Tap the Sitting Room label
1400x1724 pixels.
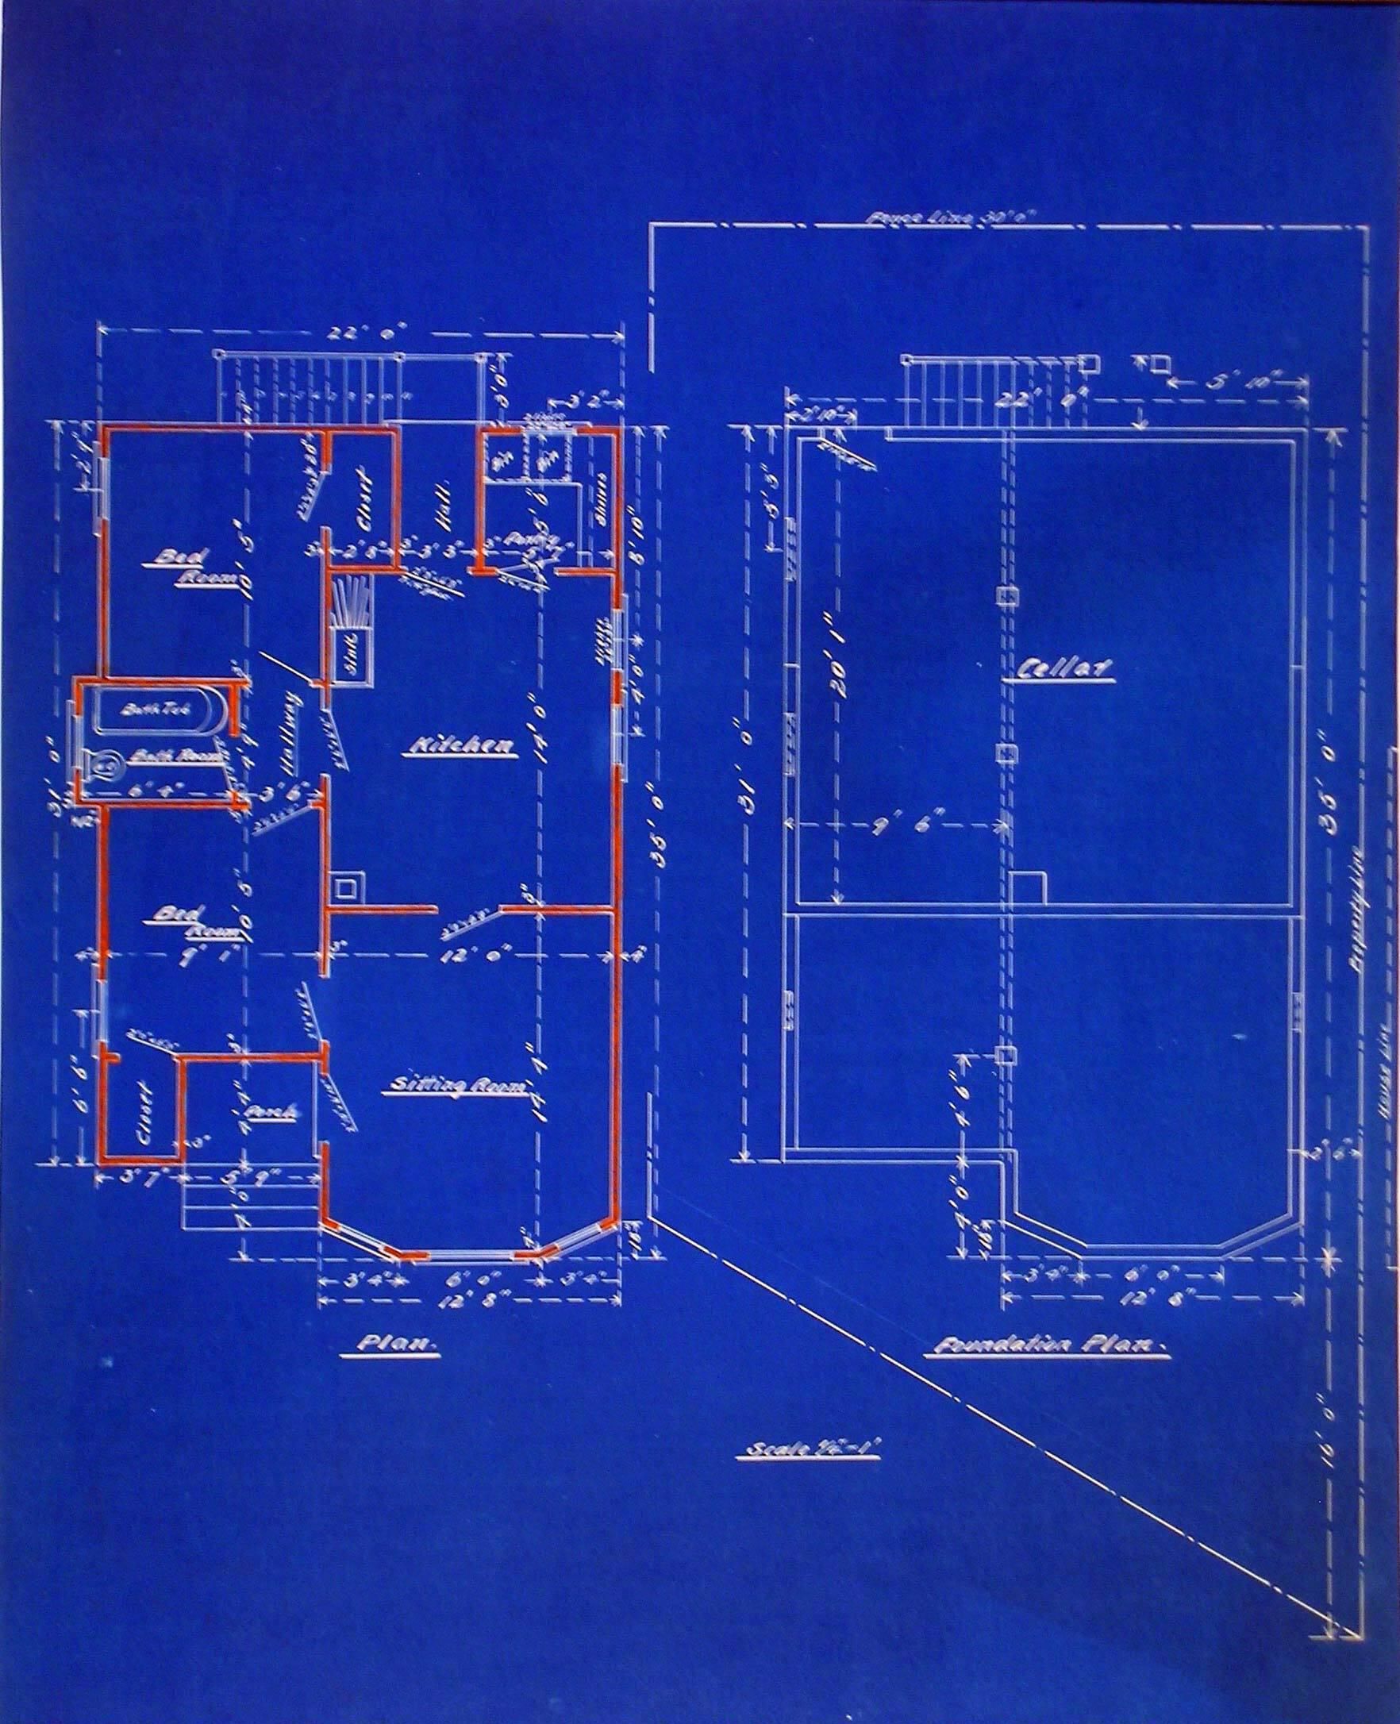pyautogui.click(x=458, y=1087)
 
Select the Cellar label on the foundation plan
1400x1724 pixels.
pyautogui.click(x=1063, y=668)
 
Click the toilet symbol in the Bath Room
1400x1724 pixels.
pyautogui.click(x=102, y=763)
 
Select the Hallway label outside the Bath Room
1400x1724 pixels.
pyautogui.click(x=289, y=734)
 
